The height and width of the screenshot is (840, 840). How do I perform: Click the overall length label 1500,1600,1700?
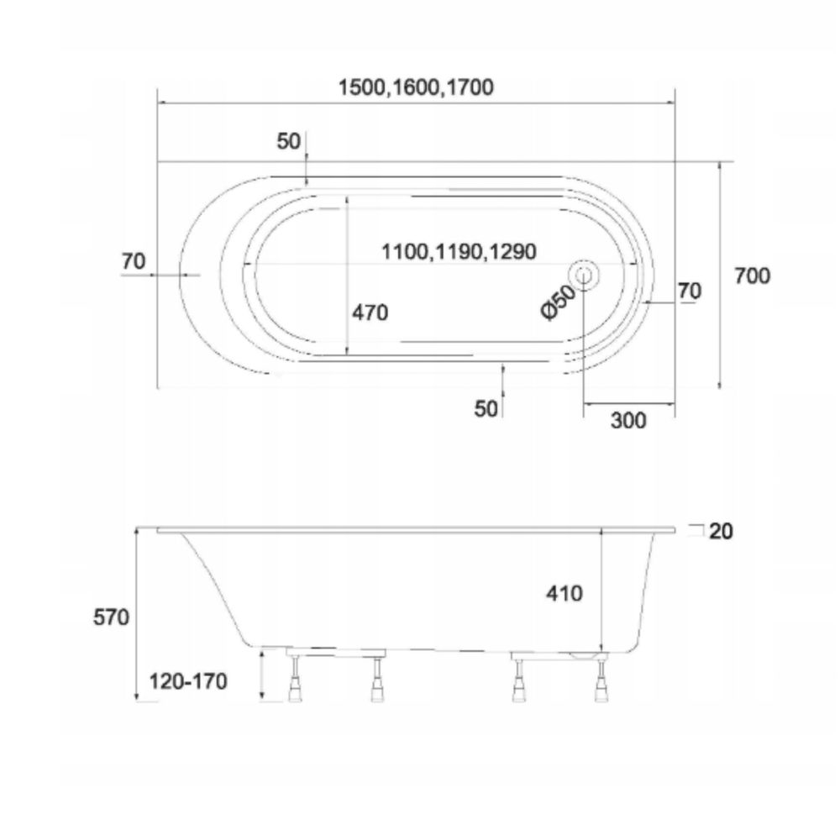(416, 87)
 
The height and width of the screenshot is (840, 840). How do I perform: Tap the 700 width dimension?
(752, 276)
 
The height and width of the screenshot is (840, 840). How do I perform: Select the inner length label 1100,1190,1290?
(459, 251)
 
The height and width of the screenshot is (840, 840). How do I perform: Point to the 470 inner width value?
(370, 312)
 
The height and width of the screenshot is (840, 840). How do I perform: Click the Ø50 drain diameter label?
(559, 302)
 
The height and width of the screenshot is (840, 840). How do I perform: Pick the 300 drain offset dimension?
(628, 421)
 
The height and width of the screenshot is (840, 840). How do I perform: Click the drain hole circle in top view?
(584, 275)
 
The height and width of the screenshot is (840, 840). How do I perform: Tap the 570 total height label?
(111, 617)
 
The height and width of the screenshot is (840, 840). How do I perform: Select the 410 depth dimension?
(564, 593)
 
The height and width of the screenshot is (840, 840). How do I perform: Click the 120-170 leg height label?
(187, 681)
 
